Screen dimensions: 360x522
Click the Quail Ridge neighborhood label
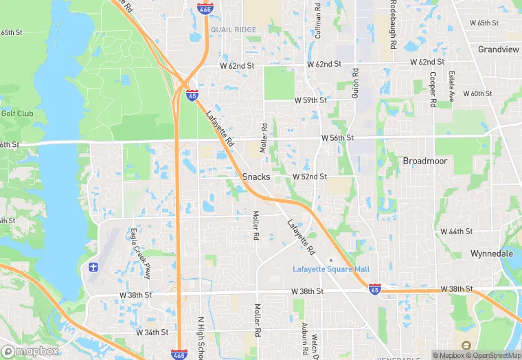point(234,30)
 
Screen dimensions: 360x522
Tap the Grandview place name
point(498,50)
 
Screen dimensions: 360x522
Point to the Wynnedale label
point(492,254)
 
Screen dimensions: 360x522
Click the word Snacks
point(256,177)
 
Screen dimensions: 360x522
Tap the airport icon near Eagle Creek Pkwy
point(94,266)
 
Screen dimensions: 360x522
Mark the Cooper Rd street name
point(433,89)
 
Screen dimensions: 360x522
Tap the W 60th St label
point(477,93)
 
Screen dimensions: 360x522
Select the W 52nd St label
point(309,177)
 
